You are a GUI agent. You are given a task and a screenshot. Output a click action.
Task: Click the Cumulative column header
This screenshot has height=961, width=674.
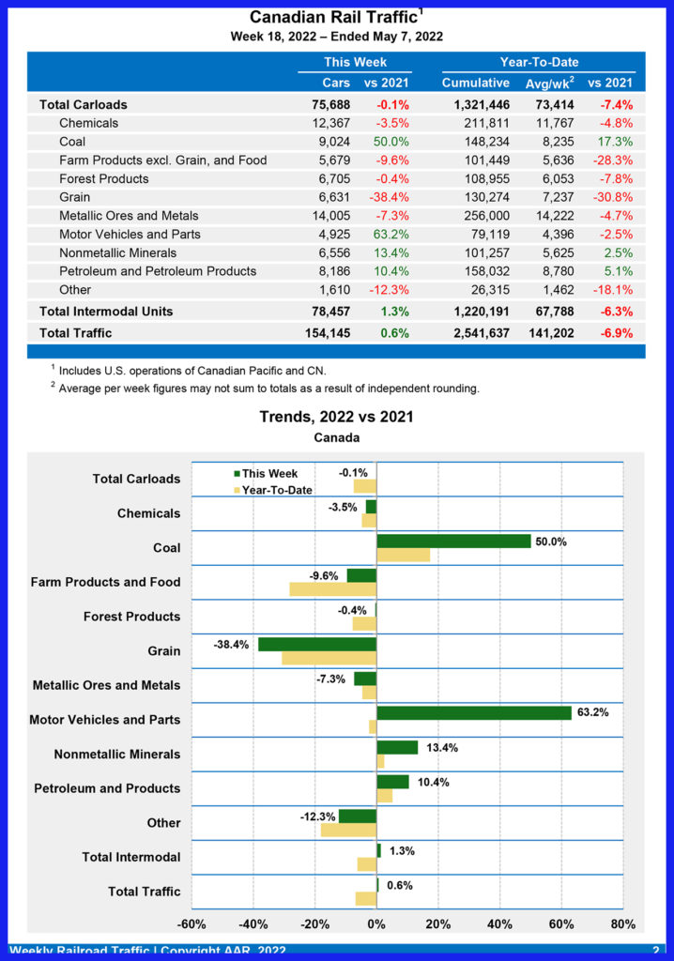pos(475,83)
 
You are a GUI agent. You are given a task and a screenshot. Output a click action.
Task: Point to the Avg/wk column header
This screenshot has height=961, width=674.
pos(549,83)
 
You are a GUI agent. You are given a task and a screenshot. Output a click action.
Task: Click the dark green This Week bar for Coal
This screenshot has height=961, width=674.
pos(453,542)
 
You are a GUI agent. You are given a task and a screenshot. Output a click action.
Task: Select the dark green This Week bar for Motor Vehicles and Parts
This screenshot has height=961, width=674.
pos(474,713)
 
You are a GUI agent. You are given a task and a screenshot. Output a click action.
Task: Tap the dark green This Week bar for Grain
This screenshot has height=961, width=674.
pos(317,645)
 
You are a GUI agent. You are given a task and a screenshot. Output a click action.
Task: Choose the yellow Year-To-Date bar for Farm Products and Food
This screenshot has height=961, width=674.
pos(332,589)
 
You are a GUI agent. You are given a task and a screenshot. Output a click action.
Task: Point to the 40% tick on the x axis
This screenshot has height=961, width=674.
pos(499,924)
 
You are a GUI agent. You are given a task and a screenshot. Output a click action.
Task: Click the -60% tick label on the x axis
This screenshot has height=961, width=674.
pos(191,924)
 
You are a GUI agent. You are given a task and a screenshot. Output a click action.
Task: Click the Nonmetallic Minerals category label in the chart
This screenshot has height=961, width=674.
pos(117,755)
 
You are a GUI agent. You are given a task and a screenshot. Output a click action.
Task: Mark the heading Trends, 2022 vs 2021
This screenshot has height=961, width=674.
pos(336,417)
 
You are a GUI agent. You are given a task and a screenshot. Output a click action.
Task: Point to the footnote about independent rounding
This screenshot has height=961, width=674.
pos(268,388)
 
